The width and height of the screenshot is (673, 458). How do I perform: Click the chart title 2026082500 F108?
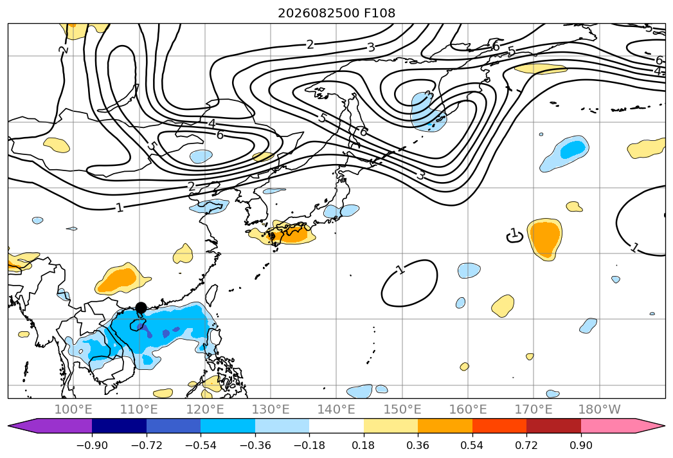coord(337,13)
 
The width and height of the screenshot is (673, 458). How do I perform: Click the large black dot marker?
coord(141,307)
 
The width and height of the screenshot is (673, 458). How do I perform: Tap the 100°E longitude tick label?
coord(73,409)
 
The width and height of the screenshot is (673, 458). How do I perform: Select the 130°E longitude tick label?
coord(271,409)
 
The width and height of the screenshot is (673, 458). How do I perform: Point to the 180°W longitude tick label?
coord(600,409)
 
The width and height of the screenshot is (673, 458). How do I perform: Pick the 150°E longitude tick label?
coord(402,409)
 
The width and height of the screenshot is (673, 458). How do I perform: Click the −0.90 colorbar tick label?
coord(92,445)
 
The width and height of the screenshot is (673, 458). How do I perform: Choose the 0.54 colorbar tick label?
coord(472,445)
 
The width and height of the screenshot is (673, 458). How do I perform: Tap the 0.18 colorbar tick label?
coord(364,445)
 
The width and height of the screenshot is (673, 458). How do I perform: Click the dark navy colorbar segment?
coord(120,426)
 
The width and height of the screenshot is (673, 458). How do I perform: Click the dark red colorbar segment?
coord(553,426)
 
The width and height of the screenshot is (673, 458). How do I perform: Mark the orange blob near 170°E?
coord(545,239)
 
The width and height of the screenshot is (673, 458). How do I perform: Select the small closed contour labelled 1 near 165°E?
coord(515,236)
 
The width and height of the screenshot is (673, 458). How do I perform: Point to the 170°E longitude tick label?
coord(534,409)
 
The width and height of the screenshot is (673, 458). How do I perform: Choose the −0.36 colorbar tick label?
coord(255,445)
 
